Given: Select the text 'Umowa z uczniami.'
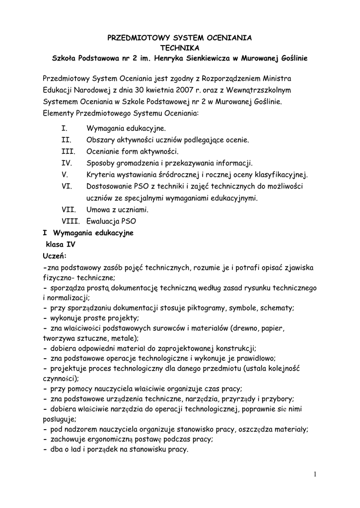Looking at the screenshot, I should coord(117,209).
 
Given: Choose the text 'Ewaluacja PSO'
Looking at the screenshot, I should coord(111,221).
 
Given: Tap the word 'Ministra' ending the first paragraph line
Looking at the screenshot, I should coord(278,79).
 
